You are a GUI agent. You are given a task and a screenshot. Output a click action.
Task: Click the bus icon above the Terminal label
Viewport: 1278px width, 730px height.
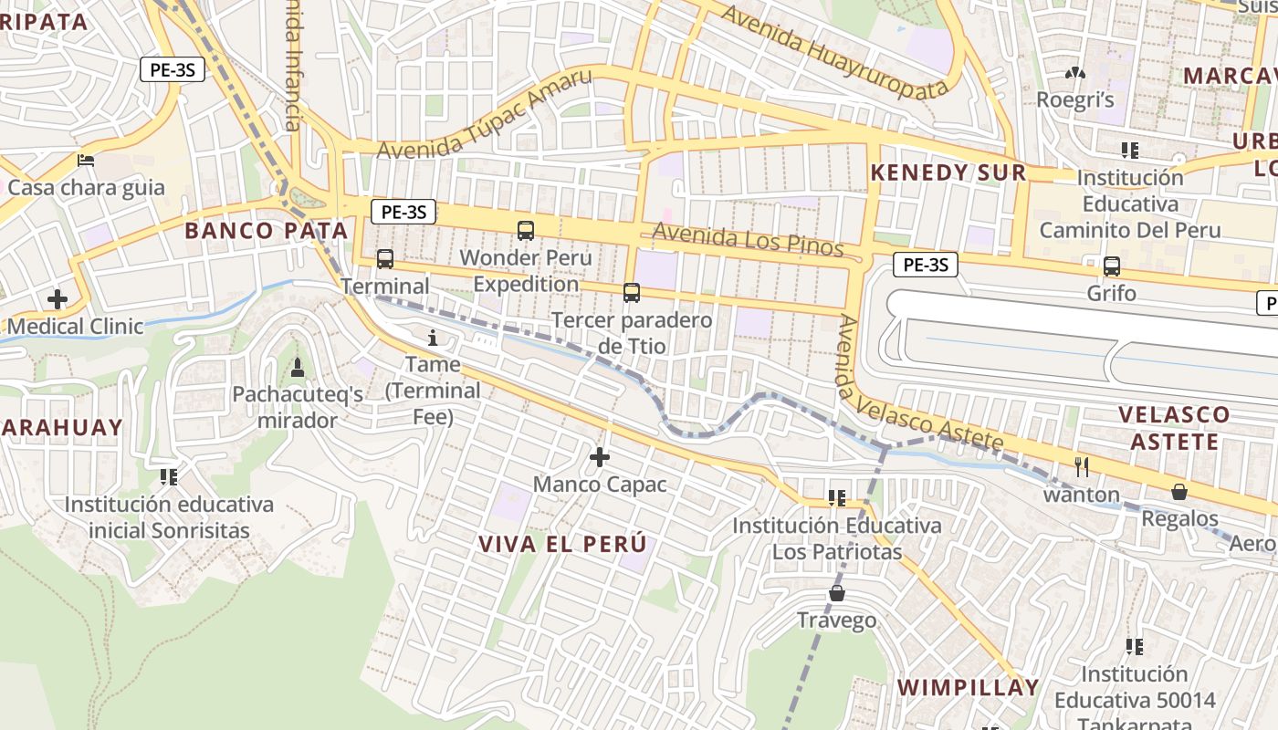point(385,259)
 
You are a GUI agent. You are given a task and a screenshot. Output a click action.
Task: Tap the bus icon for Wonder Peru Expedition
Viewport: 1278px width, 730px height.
point(526,230)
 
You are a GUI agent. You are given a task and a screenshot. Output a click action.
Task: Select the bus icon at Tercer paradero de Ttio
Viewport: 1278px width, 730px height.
point(631,293)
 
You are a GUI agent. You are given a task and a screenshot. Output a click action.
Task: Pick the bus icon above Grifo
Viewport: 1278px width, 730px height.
point(1111,266)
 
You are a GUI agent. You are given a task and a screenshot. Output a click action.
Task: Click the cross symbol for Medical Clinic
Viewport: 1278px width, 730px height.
point(58,298)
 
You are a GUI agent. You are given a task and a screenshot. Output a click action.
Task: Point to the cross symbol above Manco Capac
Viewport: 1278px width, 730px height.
point(600,456)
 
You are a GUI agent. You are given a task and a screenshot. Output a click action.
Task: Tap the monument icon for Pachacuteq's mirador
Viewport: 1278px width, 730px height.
point(297,368)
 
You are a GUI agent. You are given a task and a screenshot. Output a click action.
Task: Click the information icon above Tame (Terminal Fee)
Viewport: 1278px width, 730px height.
point(433,339)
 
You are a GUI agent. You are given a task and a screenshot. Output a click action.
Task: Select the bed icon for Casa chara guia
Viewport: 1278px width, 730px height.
point(86,161)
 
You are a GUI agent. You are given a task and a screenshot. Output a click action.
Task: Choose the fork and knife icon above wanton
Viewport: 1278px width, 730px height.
point(1082,467)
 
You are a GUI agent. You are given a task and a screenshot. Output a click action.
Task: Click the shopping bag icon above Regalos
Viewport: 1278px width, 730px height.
point(1179,492)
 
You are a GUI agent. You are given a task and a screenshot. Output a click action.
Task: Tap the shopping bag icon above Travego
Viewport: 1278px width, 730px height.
point(836,594)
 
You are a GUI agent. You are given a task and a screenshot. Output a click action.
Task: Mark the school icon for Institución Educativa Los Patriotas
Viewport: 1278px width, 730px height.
point(836,498)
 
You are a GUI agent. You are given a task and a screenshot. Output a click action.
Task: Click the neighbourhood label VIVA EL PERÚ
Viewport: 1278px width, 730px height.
point(562,544)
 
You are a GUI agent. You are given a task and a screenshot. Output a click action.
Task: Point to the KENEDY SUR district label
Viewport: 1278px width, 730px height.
point(948,172)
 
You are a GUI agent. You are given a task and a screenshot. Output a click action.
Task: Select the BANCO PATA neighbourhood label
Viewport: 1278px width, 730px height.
point(267,231)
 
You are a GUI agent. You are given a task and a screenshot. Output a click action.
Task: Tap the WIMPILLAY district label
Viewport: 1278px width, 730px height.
point(969,687)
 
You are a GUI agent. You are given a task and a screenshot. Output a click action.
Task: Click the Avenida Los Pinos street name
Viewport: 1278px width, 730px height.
point(748,240)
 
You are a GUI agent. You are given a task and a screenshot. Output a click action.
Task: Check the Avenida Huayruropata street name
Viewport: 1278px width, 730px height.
point(834,55)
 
